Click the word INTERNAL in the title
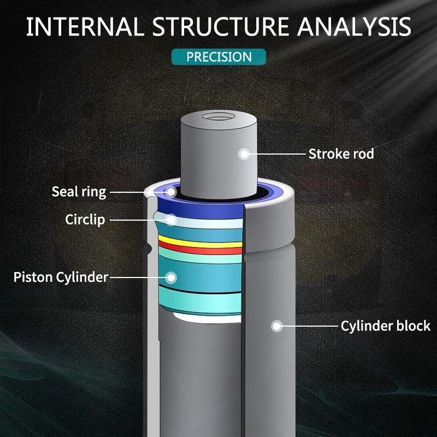click(85, 27)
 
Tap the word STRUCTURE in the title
click(220, 27)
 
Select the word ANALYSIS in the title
click(354, 27)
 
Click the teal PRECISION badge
click(219, 57)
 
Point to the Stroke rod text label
click(341, 154)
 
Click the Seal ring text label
click(79, 192)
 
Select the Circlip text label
click(85, 220)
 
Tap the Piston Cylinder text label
click(61, 277)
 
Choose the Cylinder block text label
click(386, 326)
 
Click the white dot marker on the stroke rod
click(244, 154)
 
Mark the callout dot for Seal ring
click(171, 192)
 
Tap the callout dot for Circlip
click(171, 220)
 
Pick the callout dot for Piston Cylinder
click(171, 277)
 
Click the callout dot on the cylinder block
click(277, 326)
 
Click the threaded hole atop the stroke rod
click(218, 117)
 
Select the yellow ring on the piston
click(200, 241)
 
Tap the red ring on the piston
click(200, 249)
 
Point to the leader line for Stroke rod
click(275, 154)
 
